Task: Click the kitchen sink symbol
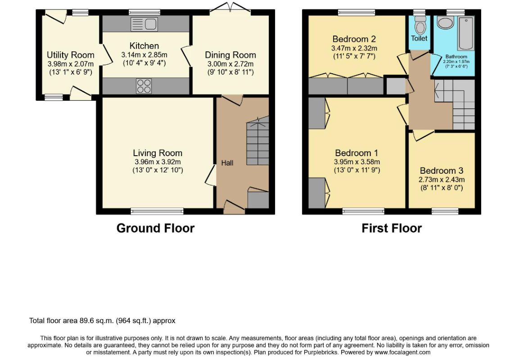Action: pyautogui.click(x=144, y=24)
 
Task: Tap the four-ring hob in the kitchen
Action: pyautogui.click(x=144, y=86)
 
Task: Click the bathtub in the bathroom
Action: pyautogui.click(x=466, y=33)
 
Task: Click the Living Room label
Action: pyautogui.click(x=158, y=153)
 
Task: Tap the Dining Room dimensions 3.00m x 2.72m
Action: pyautogui.click(x=230, y=64)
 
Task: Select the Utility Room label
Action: pyautogui.click(x=71, y=55)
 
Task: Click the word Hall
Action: pyautogui.click(x=227, y=163)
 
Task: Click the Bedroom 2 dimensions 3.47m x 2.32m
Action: pyautogui.click(x=354, y=48)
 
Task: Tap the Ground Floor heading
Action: pyautogui.click(x=155, y=228)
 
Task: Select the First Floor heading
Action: pyautogui.click(x=392, y=228)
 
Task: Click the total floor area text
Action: pyautogui.click(x=102, y=320)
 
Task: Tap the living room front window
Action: pyautogui.click(x=157, y=211)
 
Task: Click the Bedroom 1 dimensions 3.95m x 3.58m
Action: pyautogui.click(x=357, y=162)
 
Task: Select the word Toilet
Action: pyautogui.click(x=419, y=38)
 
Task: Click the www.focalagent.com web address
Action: pyautogui.click(x=402, y=352)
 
